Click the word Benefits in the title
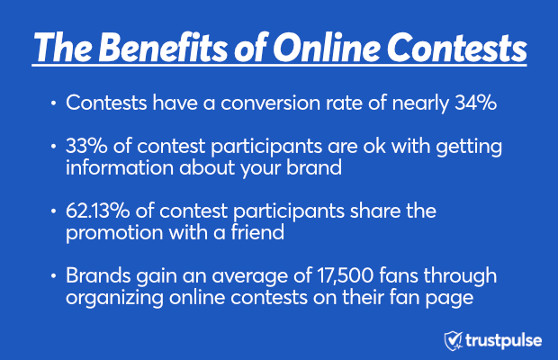(x=163, y=48)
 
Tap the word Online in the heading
(x=327, y=48)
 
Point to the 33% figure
(x=86, y=146)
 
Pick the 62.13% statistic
(x=97, y=211)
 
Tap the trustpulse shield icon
(x=453, y=341)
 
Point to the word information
(x=119, y=167)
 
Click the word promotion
(x=114, y=234)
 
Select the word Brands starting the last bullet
(x=98, y=275)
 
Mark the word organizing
(x=114, y=299)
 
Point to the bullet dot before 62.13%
(x=53, y=211)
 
